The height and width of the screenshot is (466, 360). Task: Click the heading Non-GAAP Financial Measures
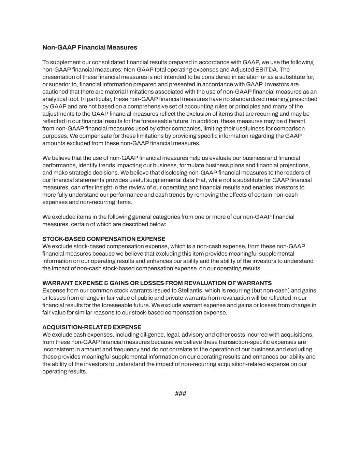(90, 47)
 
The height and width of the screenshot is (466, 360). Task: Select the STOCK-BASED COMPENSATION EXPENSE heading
(104, 239)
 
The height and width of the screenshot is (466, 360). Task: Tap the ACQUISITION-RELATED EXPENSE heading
(92, 327)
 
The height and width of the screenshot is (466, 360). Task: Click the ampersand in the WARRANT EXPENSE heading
(106, 283)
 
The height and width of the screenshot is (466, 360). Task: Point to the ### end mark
(181, 394)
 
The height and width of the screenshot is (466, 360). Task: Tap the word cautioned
(55, 92)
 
